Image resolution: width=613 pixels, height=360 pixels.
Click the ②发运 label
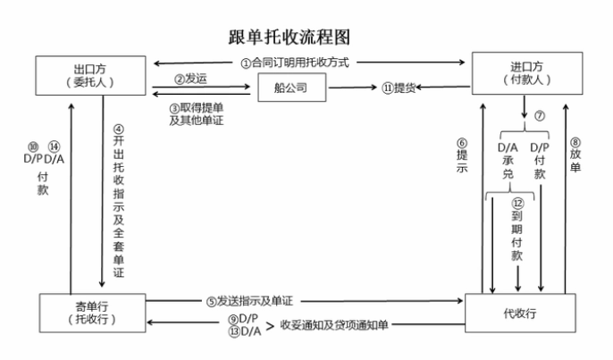[x=192, y=79]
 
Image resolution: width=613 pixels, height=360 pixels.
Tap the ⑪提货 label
[x=400, y=88]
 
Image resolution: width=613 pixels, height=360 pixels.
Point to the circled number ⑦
[x=539, y=117]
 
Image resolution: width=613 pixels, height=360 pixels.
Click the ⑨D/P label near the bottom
[x=243, y=318]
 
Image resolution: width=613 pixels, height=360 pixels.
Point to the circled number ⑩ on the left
[x=32, y=147]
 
